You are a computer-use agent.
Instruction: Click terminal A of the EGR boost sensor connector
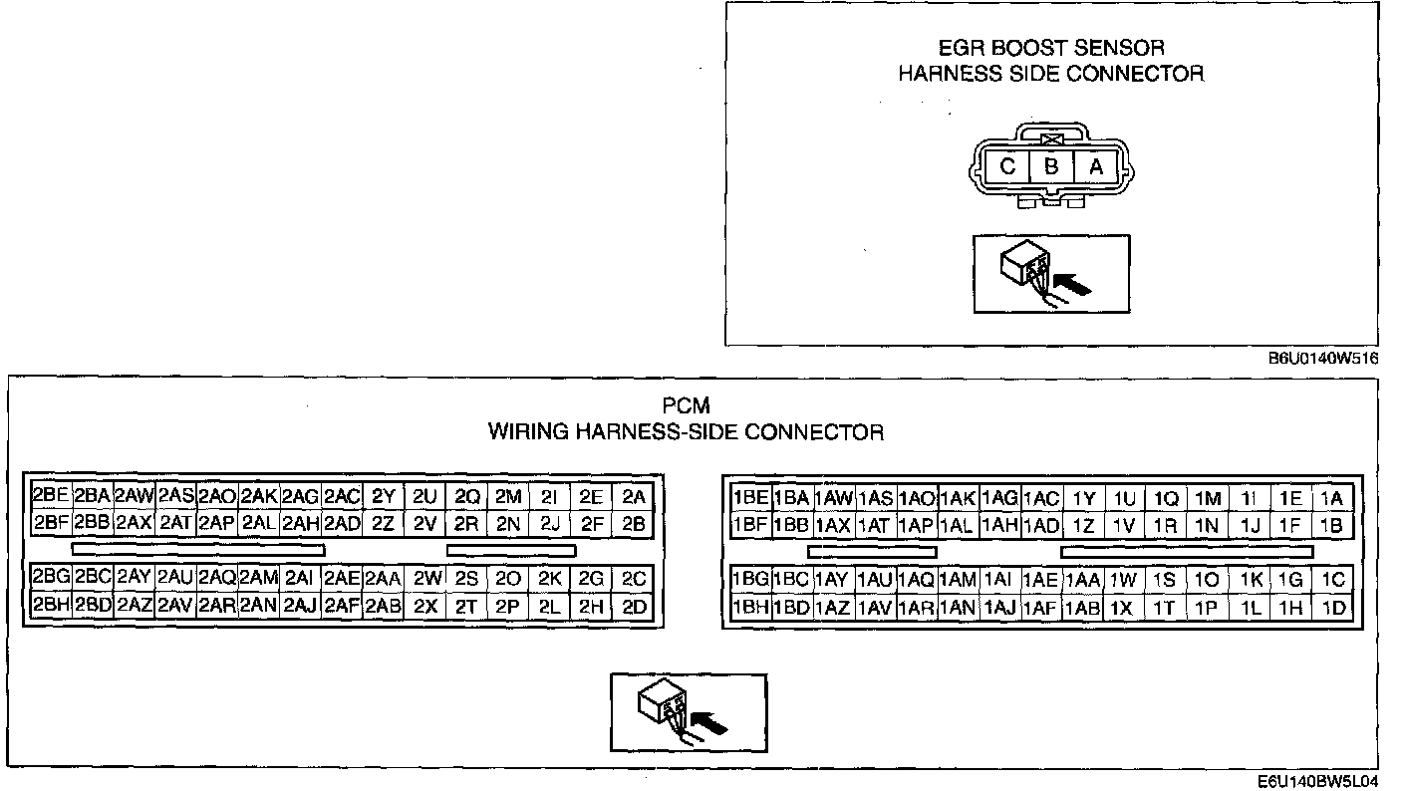click(1095, 167)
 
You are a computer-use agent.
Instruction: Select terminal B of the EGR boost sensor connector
click(1051, 167)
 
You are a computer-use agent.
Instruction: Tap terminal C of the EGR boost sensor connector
click(1007, 167)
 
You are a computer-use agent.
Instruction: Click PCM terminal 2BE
click(50, 496)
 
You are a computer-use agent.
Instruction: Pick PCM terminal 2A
click(633, 496)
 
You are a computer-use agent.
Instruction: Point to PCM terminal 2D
click(633, 606)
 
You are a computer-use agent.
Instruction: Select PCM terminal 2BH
click(50, 606)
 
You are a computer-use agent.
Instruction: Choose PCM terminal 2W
click(425, 579)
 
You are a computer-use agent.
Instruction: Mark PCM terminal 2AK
click(259, 496)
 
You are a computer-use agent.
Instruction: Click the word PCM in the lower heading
click(686, 406)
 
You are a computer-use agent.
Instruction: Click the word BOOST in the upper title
click(1047, 48)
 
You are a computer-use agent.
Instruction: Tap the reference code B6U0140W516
click(1322, 360)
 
